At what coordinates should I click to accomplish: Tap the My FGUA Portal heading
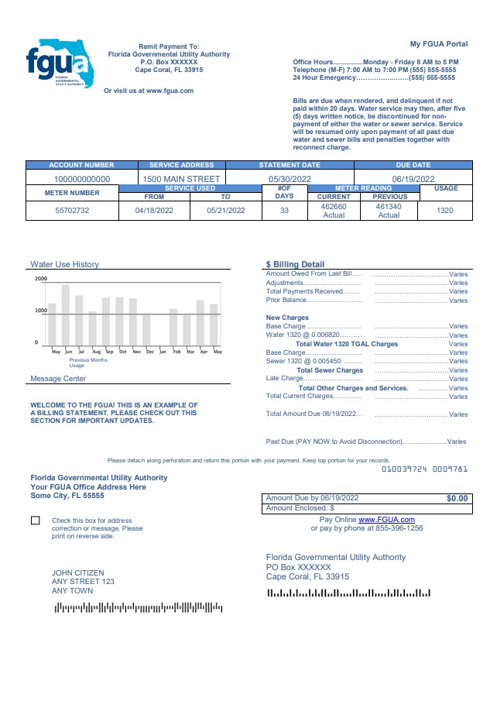(x=439, y=43)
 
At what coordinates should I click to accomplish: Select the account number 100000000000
(x=81, y=179)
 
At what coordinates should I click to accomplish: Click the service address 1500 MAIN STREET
(x=181, y=179)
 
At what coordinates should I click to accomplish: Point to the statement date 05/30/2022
(x=290, y=179)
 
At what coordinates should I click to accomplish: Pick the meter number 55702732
(x=72, y=211)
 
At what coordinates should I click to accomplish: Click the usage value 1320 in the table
(x=445, y=211)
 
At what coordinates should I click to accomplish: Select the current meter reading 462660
(x=334, y=207)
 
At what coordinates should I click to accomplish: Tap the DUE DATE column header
(x=413, y=165)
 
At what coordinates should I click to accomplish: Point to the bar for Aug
(x=93, y=328)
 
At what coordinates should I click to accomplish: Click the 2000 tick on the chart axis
(x=40, y=279)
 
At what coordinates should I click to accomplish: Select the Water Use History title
(x=64, y=264)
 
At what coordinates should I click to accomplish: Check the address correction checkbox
(x=36, y=521)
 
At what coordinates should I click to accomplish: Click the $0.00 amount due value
(x=457, y=499)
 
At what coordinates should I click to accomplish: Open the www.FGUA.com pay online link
(x=386, y=520)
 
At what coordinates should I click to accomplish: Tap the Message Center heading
(x=58, y=379)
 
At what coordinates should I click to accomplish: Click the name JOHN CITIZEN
(x=77, y=573)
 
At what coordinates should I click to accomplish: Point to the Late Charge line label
(x=285, y=378)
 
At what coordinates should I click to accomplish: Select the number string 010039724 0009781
(x=424, y=469)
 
